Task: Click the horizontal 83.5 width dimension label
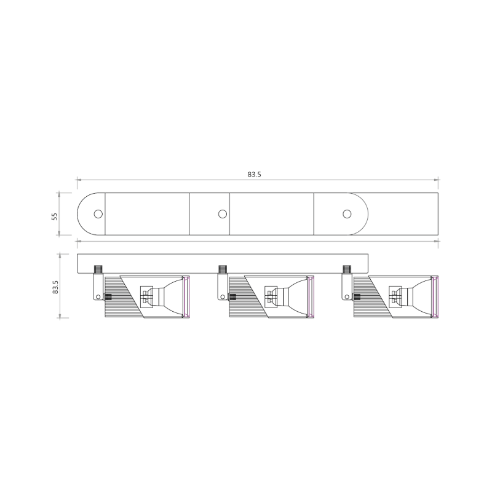255,175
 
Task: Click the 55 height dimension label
54,216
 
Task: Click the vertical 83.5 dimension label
54,287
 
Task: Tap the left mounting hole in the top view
98,214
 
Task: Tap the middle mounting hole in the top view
223,214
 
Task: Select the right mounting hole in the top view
347,214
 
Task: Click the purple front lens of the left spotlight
188,298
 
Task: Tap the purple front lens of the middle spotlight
312,298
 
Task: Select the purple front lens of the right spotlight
437,298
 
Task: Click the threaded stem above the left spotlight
98,269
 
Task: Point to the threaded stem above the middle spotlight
223,269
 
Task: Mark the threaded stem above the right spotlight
347,269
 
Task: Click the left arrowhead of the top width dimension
79,180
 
